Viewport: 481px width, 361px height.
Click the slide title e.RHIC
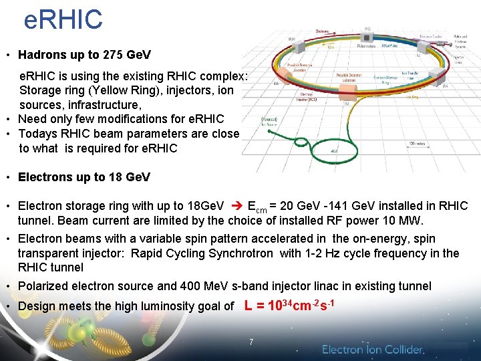[63, 19]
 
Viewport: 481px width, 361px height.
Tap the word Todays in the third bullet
[36, 133]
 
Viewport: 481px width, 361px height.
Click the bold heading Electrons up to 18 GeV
[84, 177]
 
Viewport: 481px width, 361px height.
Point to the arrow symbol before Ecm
[235, 206]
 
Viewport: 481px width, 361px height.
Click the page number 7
[251, 342]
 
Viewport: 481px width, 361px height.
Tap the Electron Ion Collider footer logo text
[373, 350]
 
